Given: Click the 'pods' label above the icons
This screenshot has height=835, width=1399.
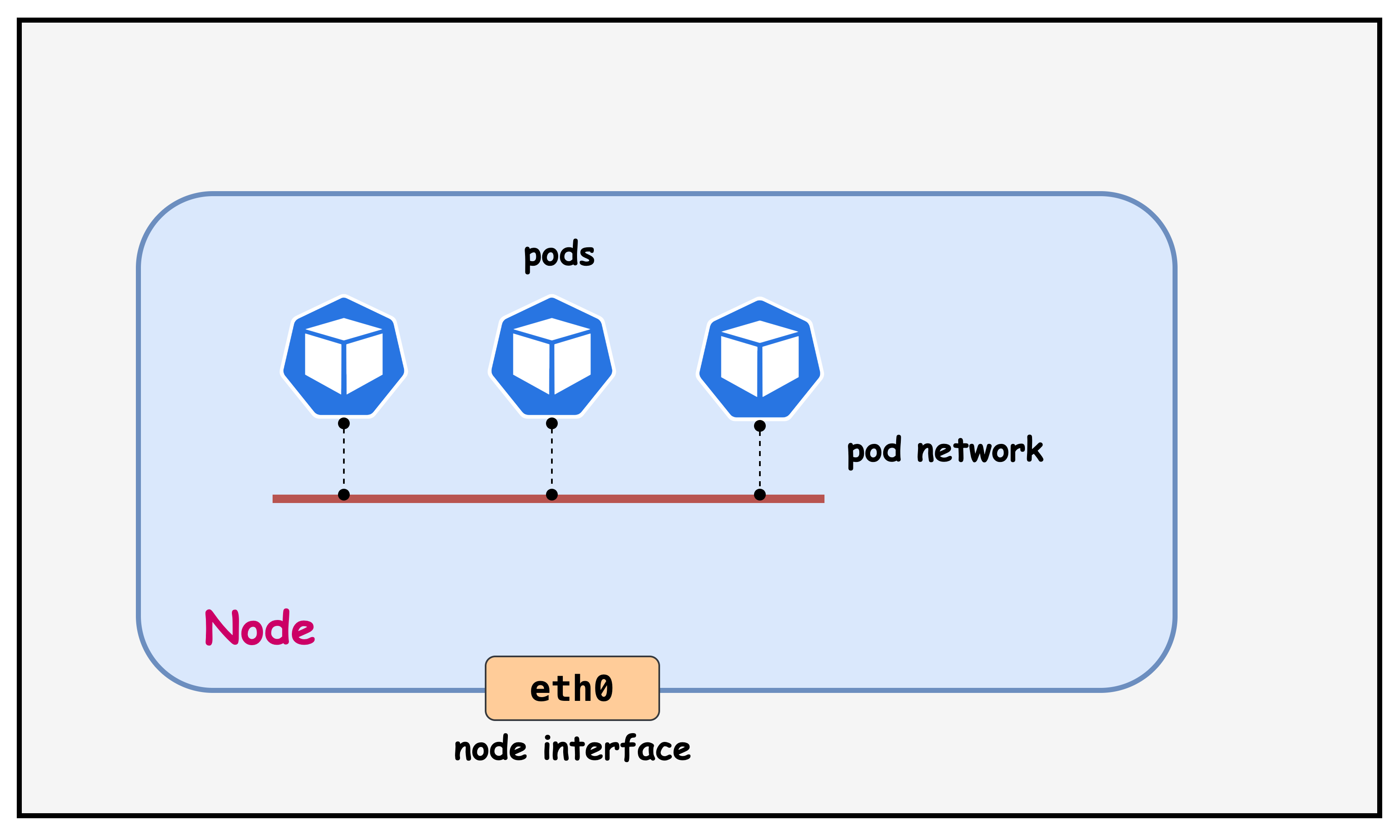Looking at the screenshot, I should click(559, 255).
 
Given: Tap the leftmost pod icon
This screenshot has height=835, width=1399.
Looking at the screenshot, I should click(344, 357).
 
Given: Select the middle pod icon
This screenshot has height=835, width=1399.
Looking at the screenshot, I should click(551, 357).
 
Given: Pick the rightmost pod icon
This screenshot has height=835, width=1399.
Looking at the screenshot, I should click(760, 359).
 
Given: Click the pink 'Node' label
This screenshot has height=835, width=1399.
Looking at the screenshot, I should click(260, 628).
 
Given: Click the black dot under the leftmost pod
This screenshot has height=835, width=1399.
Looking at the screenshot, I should click(344, 423).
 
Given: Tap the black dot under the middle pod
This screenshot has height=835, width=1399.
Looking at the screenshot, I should click(551, 423).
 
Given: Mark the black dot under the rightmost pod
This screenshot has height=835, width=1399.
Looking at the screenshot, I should click(760, 426).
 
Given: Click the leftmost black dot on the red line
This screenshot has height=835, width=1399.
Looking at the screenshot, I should click(344, 495).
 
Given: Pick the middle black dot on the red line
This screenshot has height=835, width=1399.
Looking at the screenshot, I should click(551, 495).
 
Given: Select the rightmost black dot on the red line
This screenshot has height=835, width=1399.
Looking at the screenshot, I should click(760, 495).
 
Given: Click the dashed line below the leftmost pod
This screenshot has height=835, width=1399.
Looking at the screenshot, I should click(344, 459).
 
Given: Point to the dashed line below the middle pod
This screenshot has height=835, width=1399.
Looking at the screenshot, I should click(551, 459).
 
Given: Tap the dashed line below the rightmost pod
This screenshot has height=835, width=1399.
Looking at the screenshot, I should click(760, 460).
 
